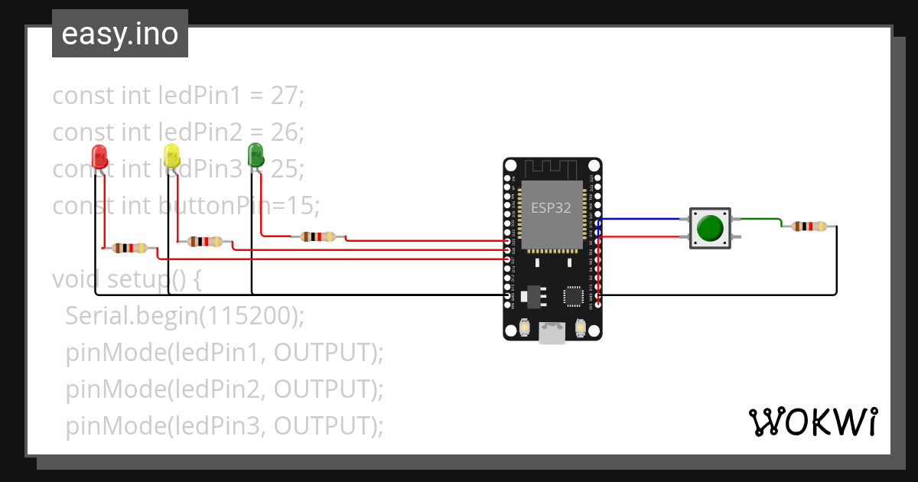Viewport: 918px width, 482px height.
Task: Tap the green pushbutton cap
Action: click(x=711, y=228)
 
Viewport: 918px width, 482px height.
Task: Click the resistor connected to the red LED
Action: click(x=129, y=248)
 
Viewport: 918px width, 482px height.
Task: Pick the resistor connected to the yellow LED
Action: click(x=205, y=242)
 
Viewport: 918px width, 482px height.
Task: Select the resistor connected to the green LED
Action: click(x=318, y=236)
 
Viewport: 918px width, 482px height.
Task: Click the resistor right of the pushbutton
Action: click(x=809, y=226)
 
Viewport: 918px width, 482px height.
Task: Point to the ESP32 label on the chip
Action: click(x=551, y=208)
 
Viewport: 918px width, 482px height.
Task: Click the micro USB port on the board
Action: click(x=552, y=332)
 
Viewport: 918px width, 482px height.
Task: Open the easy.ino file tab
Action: click(x=120, y=34)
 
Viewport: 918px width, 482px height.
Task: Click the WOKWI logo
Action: click(x=812, y=422)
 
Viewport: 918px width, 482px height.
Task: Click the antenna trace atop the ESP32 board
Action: click(x=552, y=168)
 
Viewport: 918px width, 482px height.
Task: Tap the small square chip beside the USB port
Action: click(x=574, y=295)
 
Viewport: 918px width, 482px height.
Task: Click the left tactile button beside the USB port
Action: click(x=525, y=328)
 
